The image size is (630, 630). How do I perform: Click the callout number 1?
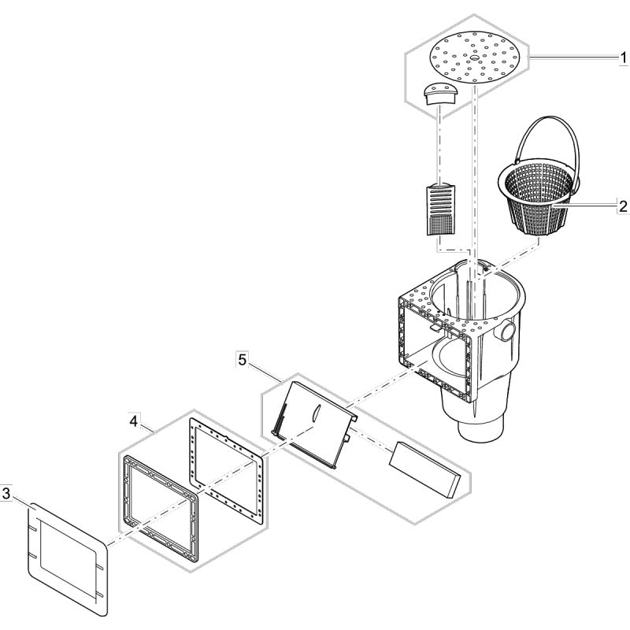click(622, 58)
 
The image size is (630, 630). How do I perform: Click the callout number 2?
click(622, 207)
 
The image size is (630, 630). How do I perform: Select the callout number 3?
click(6, 495)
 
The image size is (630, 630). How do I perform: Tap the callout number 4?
click(135, 423)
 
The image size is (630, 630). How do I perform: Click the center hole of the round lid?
click(476, 57)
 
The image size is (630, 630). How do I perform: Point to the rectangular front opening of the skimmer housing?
click(437, 346)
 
